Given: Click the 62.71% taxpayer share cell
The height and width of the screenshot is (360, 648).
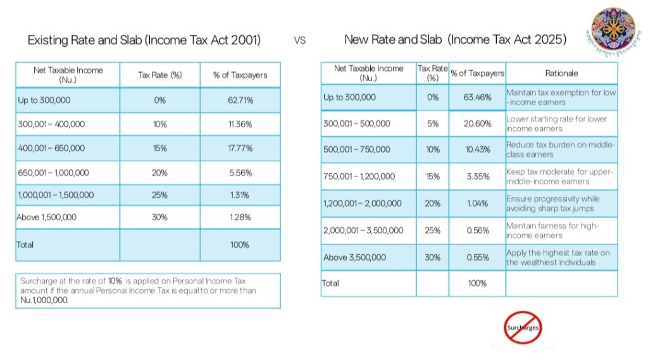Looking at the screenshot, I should pos(240,100).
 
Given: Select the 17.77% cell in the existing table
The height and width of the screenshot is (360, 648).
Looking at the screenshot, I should pos(240,148).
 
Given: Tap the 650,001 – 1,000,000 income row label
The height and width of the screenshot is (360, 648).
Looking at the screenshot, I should pos(53,172).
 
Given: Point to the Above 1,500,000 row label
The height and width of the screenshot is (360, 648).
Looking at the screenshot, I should pos(46,217).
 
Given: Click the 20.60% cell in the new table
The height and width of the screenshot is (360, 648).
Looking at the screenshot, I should pos(477,123).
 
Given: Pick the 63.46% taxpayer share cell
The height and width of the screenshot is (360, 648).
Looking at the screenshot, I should pos(477,97).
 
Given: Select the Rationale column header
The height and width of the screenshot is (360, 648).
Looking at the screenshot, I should pos(561,73).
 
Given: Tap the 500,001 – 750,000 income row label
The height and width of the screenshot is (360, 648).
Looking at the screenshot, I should pos(357,150).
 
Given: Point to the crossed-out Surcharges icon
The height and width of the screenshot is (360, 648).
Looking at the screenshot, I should pos(522,328).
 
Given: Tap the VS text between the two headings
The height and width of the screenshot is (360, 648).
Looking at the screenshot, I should pos(300,40).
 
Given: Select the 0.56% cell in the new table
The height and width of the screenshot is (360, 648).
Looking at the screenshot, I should pos(477,230).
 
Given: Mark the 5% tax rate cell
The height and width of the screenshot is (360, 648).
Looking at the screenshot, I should pos(432,123).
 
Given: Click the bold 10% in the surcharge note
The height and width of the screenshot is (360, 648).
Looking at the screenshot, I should pos(115,280).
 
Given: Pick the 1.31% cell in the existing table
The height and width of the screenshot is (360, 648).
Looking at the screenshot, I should pos(240,195).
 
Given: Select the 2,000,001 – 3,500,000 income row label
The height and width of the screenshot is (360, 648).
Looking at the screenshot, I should pos(363,230).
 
